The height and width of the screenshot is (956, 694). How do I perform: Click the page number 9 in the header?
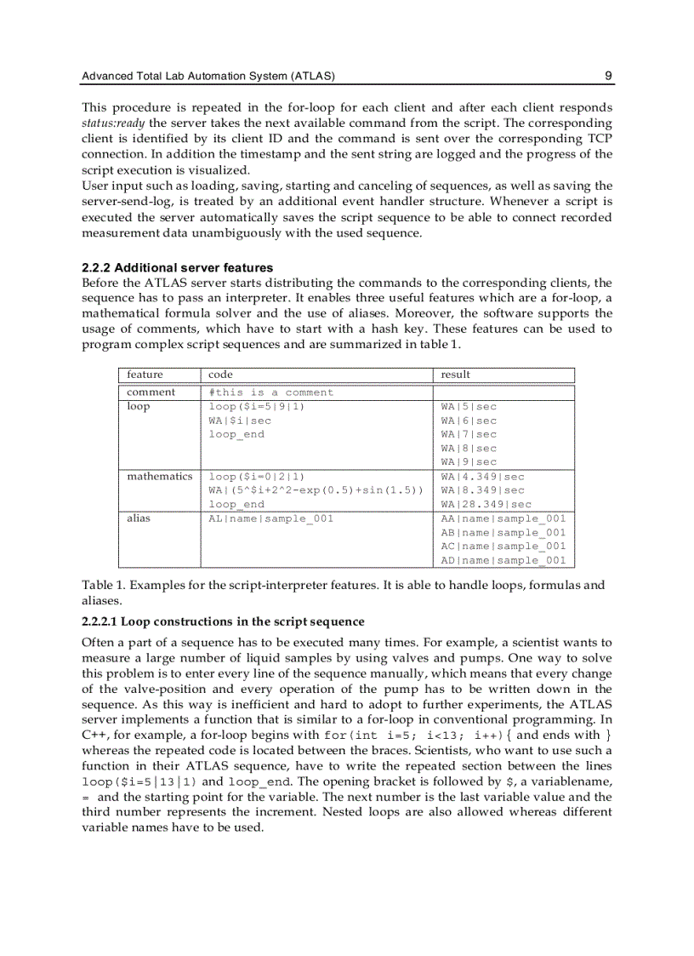608,76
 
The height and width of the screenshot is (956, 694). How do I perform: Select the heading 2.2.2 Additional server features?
177,268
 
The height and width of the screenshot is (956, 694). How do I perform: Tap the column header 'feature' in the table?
145,375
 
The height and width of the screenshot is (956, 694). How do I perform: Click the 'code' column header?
220,375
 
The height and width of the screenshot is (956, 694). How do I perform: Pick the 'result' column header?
455,375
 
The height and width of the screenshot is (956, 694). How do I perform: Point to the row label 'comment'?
151,392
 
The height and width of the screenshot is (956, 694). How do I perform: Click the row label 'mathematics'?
159,477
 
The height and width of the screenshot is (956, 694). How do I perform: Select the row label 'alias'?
138,518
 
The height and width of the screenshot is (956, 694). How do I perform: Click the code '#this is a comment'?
271,392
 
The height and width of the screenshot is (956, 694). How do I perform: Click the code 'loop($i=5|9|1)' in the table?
257,407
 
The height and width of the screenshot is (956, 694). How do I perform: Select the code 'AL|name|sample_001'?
271,518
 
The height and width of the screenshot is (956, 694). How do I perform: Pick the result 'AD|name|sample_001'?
503,560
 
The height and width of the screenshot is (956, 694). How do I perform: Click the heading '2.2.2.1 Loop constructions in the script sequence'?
223,621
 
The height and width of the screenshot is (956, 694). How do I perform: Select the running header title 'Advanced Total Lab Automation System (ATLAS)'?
208,77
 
